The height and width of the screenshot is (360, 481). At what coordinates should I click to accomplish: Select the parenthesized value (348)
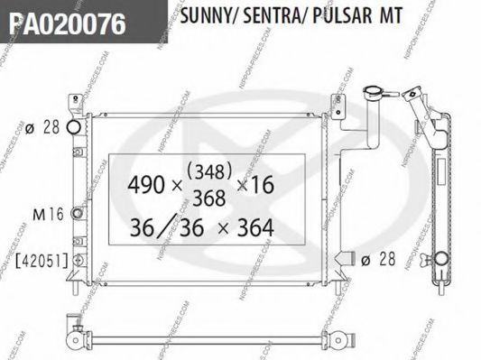207,167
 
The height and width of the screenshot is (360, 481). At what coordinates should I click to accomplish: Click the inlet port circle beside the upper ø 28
78,127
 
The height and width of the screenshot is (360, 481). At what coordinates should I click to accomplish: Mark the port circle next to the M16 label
78,214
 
